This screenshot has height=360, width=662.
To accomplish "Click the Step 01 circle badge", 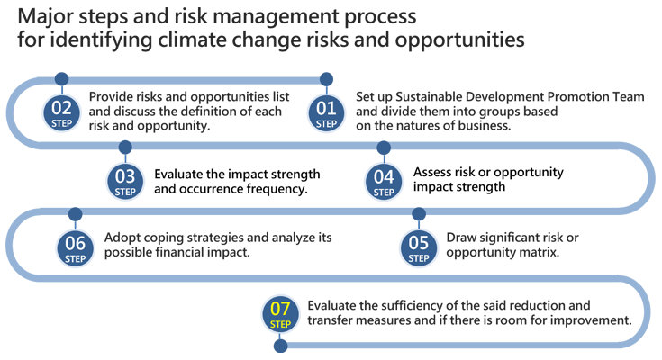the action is [x=326, y=113].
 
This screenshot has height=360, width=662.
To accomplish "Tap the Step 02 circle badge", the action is [x=61, y=113].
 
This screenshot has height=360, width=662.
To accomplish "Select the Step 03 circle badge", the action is [x=125, y=182].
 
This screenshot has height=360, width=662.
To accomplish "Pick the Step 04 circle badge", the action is [x=384, y=182].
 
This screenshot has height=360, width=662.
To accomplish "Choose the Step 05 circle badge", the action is [x=419, y=248].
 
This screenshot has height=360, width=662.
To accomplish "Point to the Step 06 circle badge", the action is [x=75, y=248].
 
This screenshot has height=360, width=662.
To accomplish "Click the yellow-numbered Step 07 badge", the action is [x=280, y=314].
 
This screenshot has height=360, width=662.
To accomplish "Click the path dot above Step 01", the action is [x=326, y=79].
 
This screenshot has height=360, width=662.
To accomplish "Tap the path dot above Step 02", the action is [x=61, y=78].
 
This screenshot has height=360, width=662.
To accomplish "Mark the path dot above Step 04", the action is [x=384, y=148].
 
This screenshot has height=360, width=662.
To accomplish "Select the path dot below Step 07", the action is [x=280, y=346].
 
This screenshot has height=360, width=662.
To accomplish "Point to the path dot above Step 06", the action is [x=75, y=214].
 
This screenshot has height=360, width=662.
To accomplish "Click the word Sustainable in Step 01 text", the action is [x=429, y=97].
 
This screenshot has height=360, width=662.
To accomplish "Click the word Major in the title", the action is [x=45, y=17].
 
